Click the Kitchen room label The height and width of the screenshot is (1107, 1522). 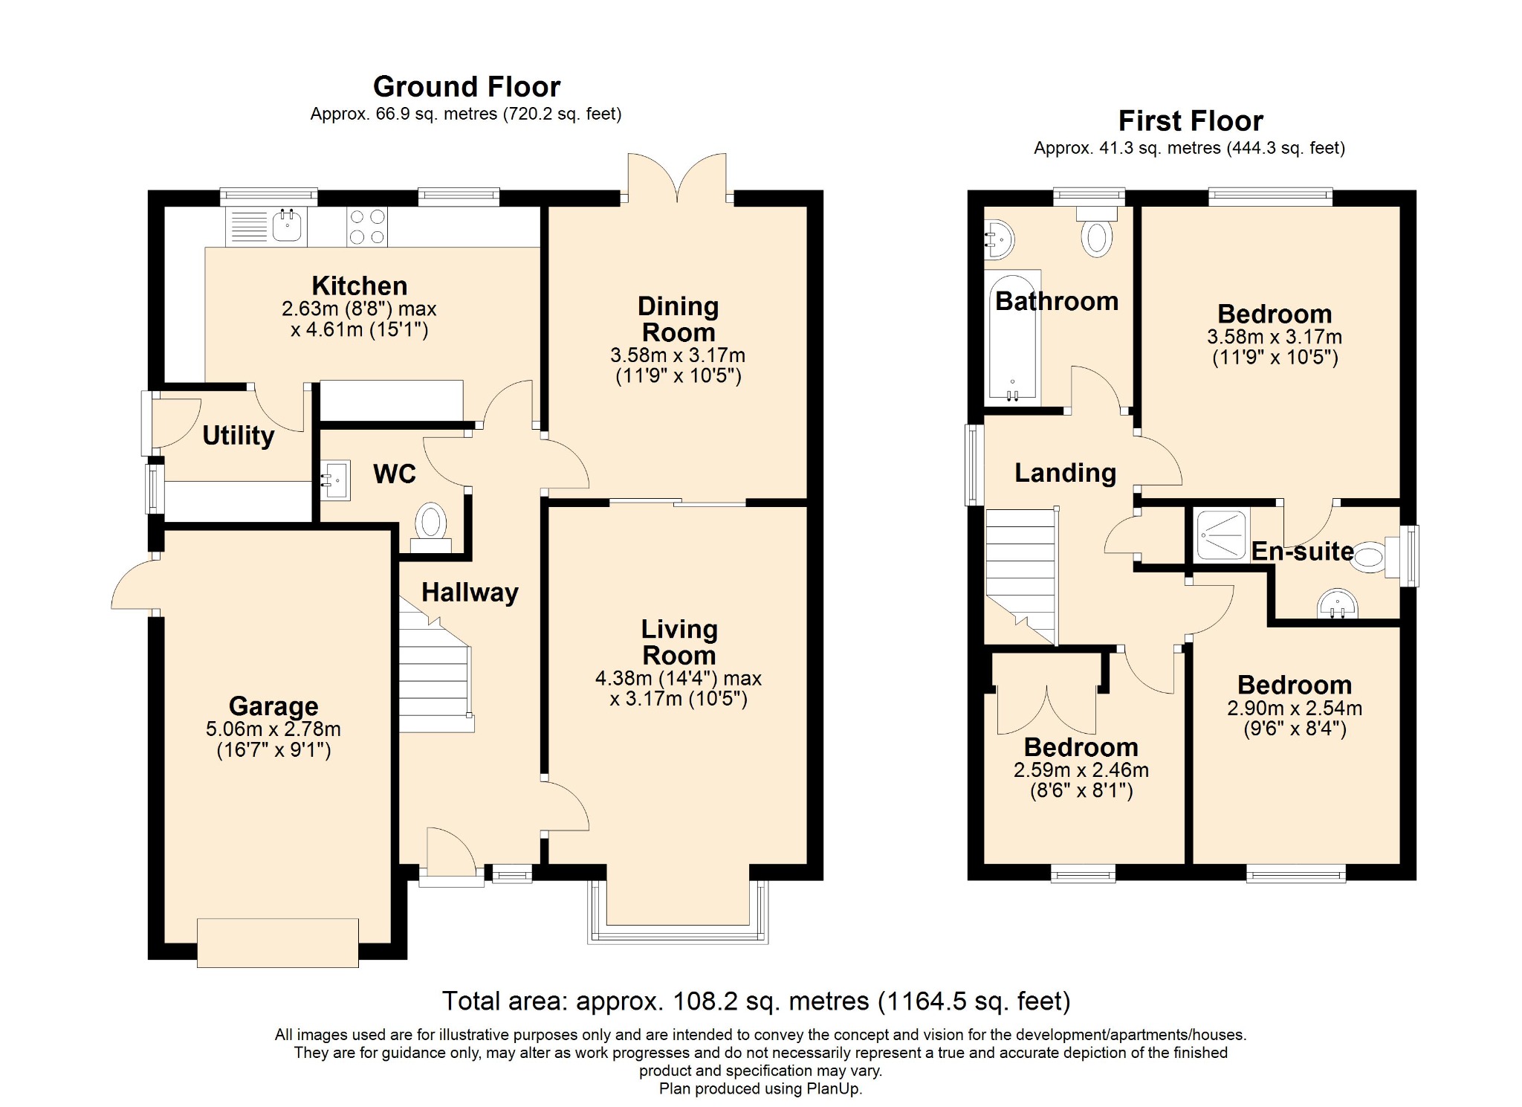(360, 285)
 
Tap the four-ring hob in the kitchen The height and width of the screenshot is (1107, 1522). (367, 227)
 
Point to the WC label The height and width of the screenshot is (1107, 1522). (395, 474)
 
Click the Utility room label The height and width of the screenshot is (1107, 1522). (239, 436)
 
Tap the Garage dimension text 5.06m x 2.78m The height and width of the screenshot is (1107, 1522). (273, 729)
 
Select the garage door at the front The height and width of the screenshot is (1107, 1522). (278, 943)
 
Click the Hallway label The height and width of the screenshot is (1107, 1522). (470, 593)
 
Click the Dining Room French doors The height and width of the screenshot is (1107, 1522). (677, 177)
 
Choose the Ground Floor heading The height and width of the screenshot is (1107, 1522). (467, 87)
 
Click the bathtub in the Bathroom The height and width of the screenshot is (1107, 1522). (1012, 337)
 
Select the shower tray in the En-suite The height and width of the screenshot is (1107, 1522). (1222, 534)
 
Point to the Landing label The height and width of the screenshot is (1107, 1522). (1066, 473)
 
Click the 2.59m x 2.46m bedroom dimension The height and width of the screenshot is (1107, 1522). (1081, 770)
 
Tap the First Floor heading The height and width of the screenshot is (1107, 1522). (1191, 120)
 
